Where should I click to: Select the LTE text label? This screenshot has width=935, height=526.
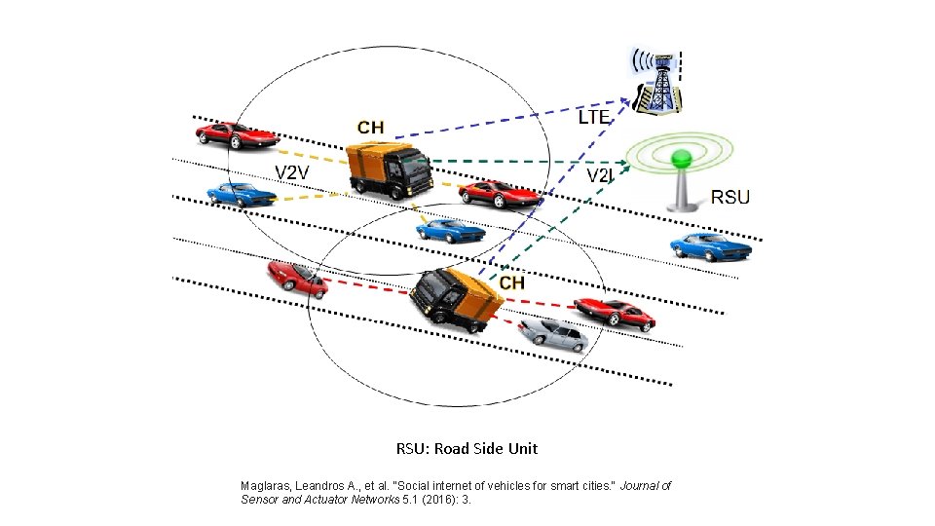594,117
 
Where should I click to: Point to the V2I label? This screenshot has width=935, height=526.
600,175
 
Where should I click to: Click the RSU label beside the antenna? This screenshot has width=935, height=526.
730,197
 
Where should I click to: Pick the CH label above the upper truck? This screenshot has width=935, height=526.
370,127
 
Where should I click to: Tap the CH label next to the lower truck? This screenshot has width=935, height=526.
512,282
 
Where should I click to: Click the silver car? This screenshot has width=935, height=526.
553,333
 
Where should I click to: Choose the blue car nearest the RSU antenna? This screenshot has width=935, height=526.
711,247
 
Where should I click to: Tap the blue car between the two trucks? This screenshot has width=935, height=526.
449,230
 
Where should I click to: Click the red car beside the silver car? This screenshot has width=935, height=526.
614,313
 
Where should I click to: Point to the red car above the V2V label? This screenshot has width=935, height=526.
237,133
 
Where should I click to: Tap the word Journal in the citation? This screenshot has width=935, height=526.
635,485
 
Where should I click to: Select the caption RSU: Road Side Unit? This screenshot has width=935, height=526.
467,449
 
